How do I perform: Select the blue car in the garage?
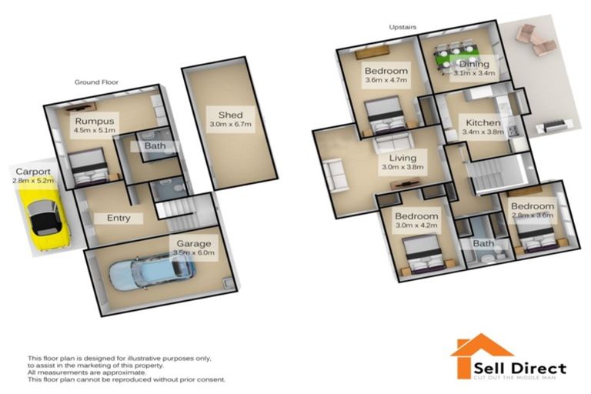click(151, 272)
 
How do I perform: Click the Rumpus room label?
click(95, 121)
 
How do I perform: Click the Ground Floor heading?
click(95, 81)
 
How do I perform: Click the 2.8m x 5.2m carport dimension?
click(33, 180)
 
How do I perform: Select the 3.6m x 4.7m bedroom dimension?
click(386, 81)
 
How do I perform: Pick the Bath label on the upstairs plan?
click(483, 244)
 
